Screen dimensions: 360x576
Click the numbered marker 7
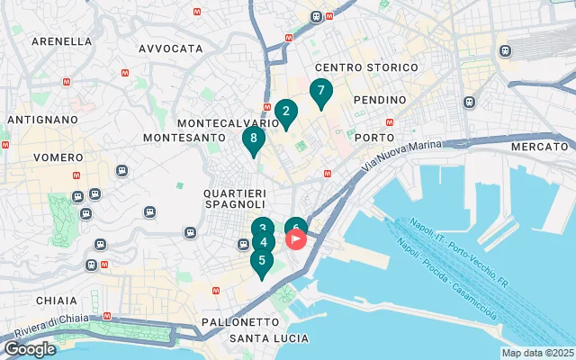320,92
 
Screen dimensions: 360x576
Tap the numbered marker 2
286,112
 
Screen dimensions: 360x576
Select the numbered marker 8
254,139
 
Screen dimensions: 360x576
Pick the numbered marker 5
262,262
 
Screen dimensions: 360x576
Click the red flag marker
296,239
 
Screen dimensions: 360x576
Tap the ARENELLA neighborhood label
61,41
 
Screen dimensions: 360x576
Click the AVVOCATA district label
171,49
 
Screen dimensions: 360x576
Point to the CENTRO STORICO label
366,68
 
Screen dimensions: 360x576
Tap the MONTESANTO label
183,138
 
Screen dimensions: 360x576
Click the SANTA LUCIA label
269,338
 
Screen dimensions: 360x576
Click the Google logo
30,349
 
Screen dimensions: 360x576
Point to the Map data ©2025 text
537,353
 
